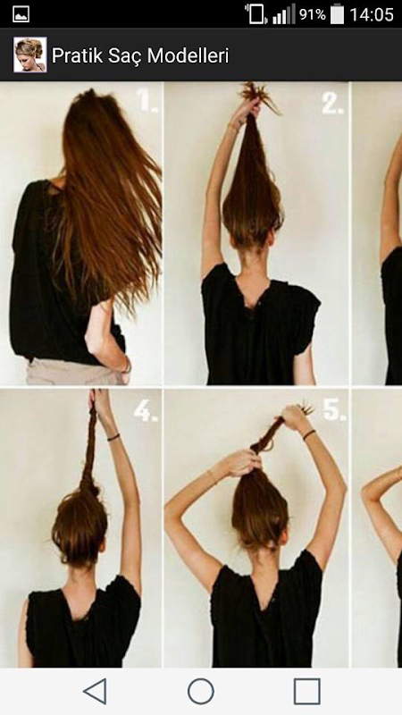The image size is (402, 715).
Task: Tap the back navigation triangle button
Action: (96, 691)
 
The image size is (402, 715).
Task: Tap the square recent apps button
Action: (306, 691)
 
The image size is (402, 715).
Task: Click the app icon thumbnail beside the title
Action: (30, 55)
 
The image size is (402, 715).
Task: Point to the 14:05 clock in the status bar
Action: (372, 14)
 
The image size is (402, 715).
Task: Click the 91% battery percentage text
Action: (312, 14)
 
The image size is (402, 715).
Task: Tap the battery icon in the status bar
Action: (338, 14)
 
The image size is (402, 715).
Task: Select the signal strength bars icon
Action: (283, 15)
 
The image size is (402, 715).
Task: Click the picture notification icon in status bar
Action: (21, 14)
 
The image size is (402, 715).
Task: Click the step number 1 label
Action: (147, 101)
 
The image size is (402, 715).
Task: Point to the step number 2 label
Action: (333, 105)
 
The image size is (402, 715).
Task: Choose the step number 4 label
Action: (146, 411)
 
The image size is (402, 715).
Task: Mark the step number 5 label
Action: (334, 410)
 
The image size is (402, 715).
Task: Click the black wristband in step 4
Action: (113, 437)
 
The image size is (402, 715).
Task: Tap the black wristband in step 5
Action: (309, 434)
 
